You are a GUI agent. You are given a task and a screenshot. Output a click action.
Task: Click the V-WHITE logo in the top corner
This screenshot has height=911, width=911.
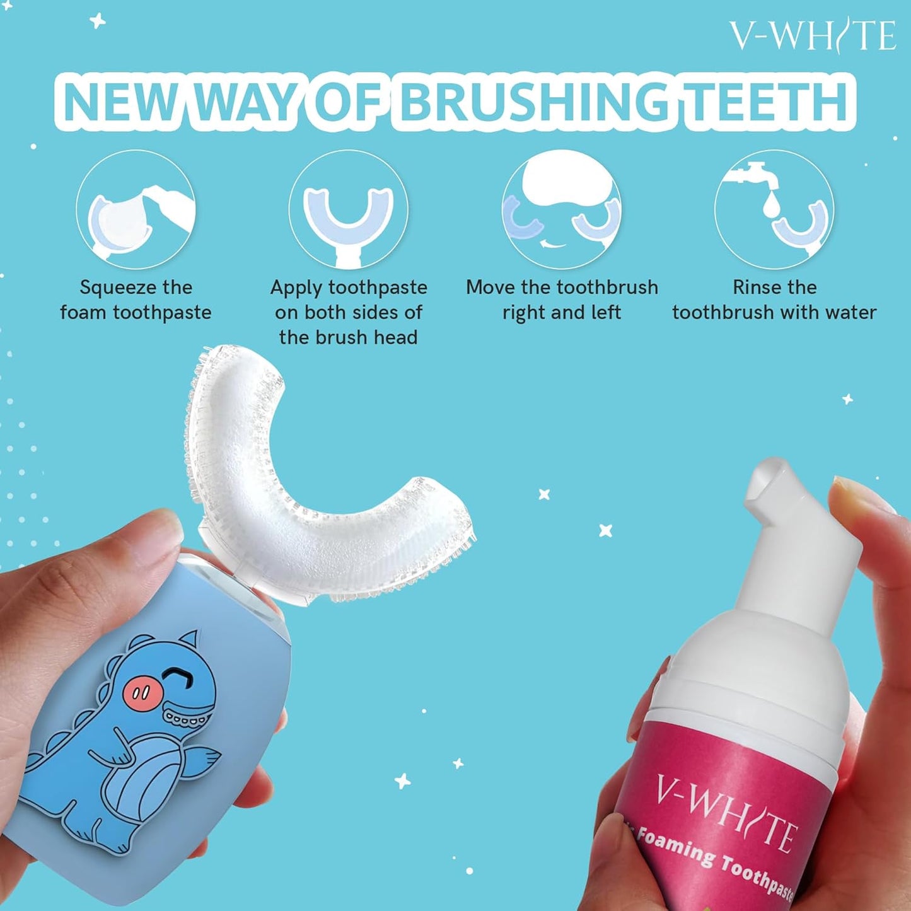point(812,35)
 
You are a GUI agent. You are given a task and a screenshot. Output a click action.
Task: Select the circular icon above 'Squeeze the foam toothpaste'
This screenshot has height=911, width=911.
point(136,210)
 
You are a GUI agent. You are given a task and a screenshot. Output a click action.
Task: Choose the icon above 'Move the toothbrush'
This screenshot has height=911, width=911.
point(561,210)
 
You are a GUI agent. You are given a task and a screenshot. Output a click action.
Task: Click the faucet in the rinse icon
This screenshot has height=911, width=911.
point(753,173)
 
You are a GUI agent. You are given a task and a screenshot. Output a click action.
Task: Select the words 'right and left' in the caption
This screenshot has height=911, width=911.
point(561,313)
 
